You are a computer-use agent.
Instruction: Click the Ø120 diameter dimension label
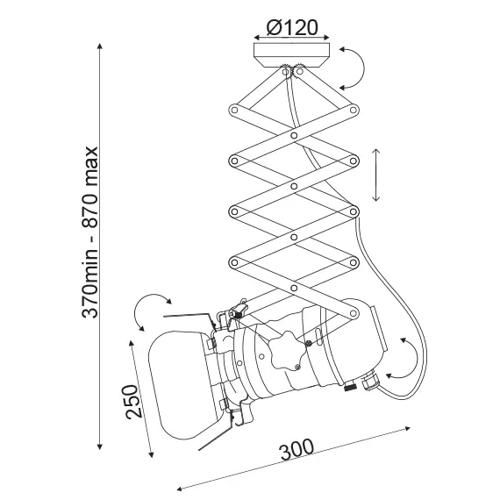point(292,28)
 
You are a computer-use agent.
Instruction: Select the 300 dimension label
point(296,450)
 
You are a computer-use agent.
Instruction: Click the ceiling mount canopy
point(291,55)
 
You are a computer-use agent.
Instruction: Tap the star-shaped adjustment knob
point(286,351)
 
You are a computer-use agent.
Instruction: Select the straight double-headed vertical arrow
point(376,175)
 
